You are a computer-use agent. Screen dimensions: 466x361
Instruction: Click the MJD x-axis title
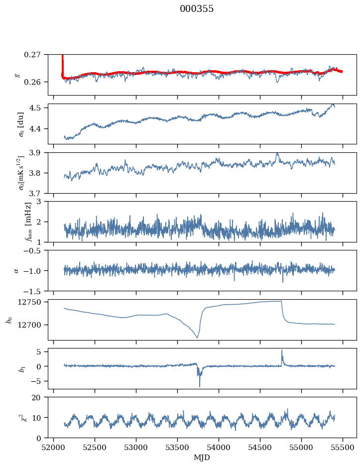click(202, 457)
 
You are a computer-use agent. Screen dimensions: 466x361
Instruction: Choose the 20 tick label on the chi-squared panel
click(40, 398)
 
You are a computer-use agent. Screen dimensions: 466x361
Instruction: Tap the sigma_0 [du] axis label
click(21, 124)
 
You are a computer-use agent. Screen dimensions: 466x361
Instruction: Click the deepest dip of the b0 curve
click(197, 338)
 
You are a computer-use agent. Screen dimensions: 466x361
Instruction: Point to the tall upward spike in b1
click(282, 350)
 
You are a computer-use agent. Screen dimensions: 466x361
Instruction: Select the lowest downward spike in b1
click(200, 386)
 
